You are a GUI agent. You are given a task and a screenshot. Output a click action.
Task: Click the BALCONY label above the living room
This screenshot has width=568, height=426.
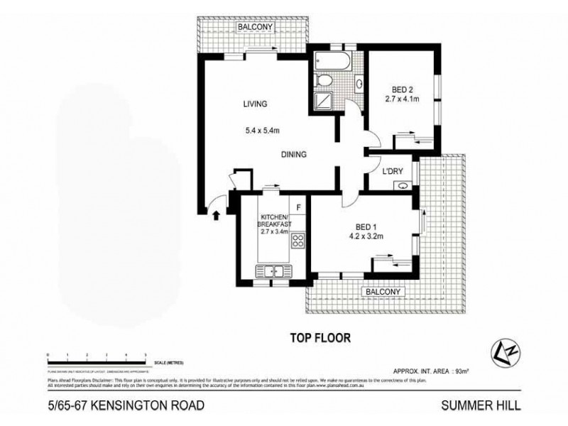254,27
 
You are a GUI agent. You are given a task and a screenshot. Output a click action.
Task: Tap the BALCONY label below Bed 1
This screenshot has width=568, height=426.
383,291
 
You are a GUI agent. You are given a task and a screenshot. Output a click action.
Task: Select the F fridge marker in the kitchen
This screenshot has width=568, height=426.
299,207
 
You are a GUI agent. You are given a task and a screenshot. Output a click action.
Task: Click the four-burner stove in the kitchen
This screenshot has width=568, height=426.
299,241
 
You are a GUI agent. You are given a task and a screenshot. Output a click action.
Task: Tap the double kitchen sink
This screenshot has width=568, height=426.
273,269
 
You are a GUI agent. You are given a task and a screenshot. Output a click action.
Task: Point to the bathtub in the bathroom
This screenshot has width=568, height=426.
332,60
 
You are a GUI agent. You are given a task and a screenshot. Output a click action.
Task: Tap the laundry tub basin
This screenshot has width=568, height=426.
403,186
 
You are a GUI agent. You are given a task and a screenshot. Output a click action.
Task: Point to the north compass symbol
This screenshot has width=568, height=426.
501,350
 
